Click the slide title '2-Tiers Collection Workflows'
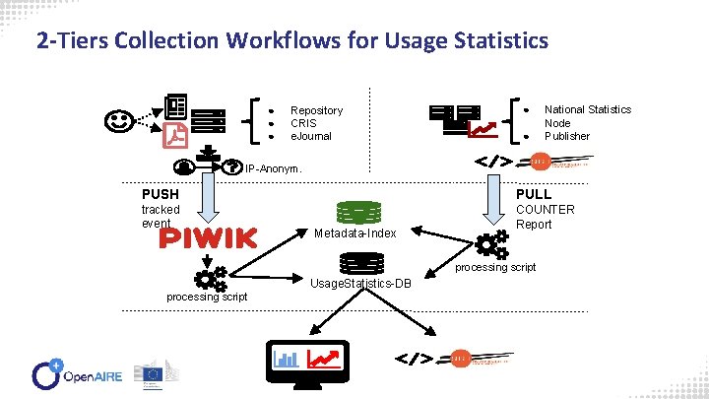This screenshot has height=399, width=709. (291, 41)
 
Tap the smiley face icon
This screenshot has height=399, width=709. (119, 122)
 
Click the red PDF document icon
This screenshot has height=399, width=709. (175, 134)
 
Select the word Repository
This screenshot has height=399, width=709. (316, 110)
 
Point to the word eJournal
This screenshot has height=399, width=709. (311, 136)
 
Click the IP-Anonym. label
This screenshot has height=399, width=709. (273, 169)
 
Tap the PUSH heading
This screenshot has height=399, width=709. (161, 194)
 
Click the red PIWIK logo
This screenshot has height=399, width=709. (208, 237)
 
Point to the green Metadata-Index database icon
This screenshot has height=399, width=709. (359, 213)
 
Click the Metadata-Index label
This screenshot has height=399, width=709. (355, 233)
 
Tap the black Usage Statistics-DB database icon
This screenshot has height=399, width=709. (361, 263)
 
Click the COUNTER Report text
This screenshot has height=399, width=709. (546, 217)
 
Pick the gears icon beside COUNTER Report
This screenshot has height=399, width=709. (486, 244)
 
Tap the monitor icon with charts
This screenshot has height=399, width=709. (304, 358)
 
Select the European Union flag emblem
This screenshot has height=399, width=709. (153, 373)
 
